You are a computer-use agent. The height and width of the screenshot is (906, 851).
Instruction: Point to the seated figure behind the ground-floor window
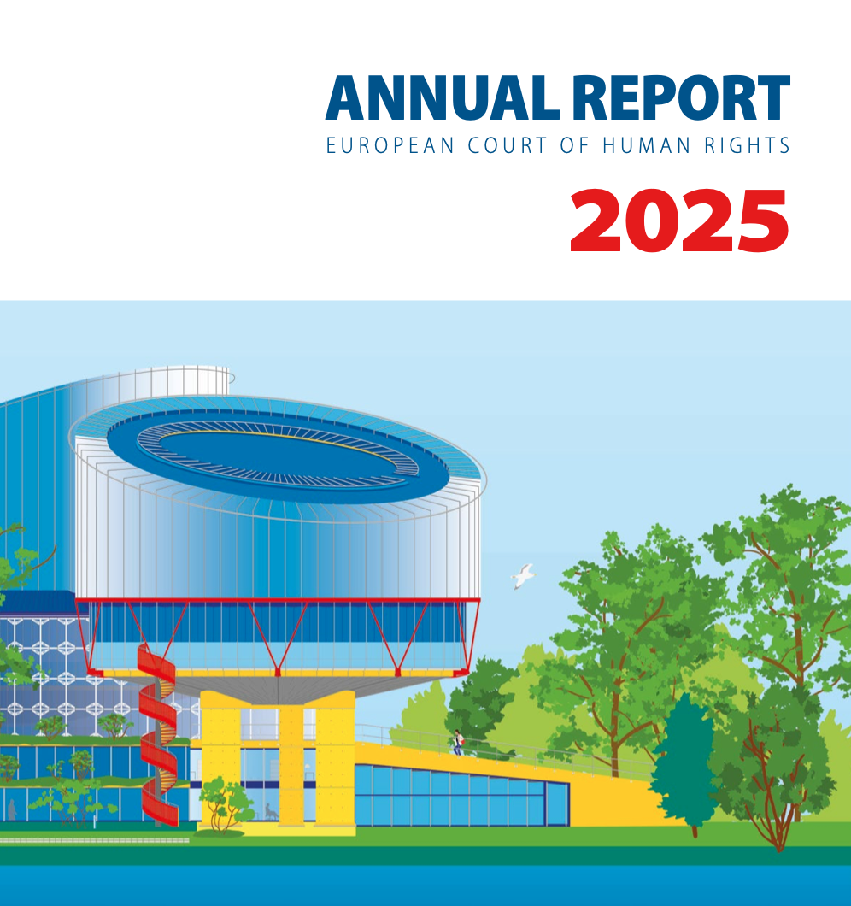click(271, 809)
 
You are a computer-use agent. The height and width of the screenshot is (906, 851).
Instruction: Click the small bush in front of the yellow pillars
click(226, 804)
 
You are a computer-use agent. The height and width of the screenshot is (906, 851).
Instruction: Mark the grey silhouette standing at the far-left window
click(12, 808)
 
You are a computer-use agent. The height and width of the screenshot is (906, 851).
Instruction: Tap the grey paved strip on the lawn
click(94, 839)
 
